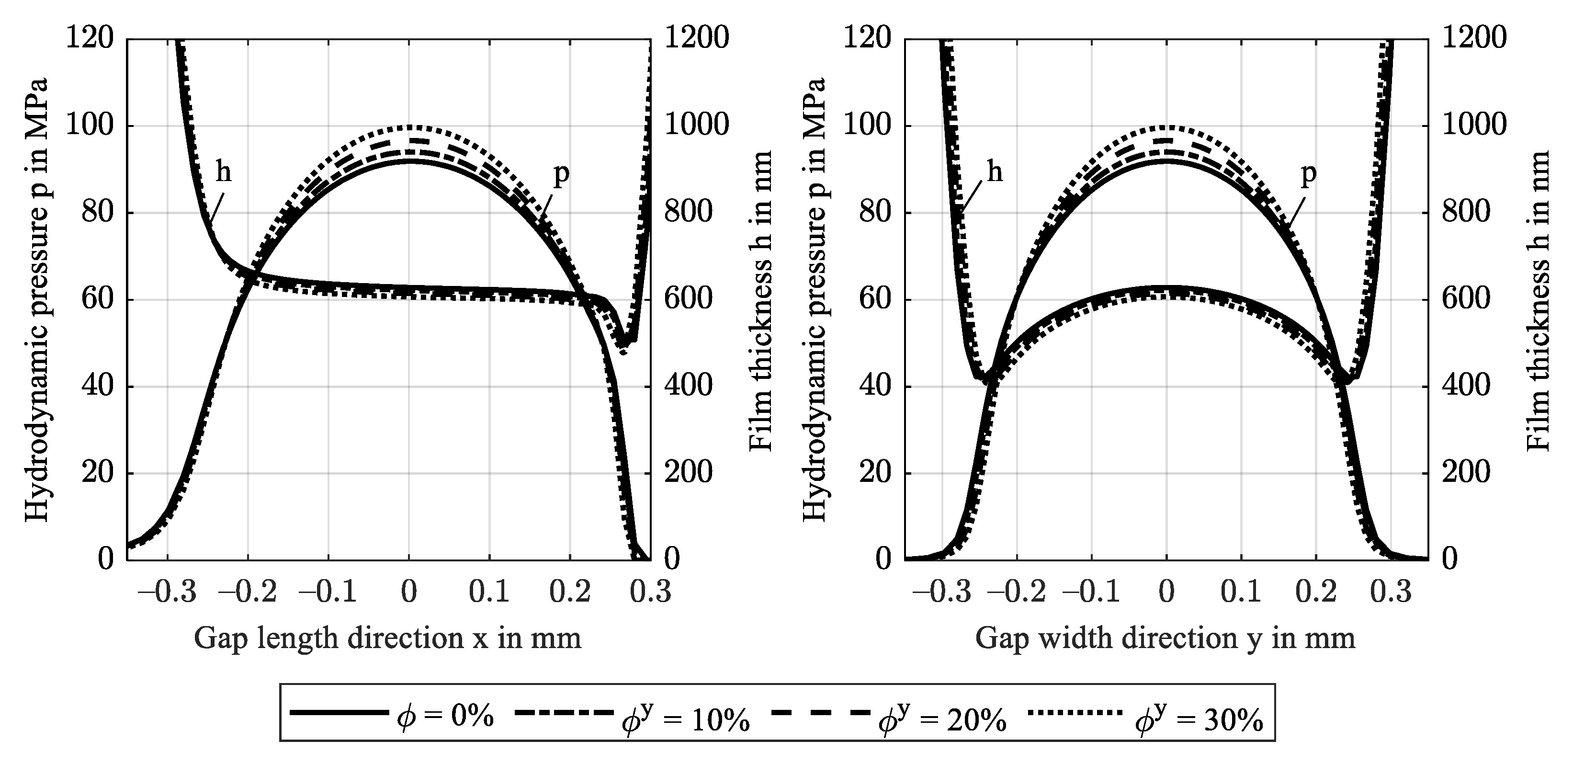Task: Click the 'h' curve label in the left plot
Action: [x=224, y=173]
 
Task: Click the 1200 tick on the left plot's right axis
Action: [x=696, y=38]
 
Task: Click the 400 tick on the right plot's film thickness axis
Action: [x=1466, y=386]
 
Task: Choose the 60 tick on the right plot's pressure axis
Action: [x=875, y=299]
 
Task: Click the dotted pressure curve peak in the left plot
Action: [x=409, y=127]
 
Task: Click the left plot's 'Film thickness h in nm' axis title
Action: [x=760, y=299]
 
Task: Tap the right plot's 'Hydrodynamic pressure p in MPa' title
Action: [x=814, y=299]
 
